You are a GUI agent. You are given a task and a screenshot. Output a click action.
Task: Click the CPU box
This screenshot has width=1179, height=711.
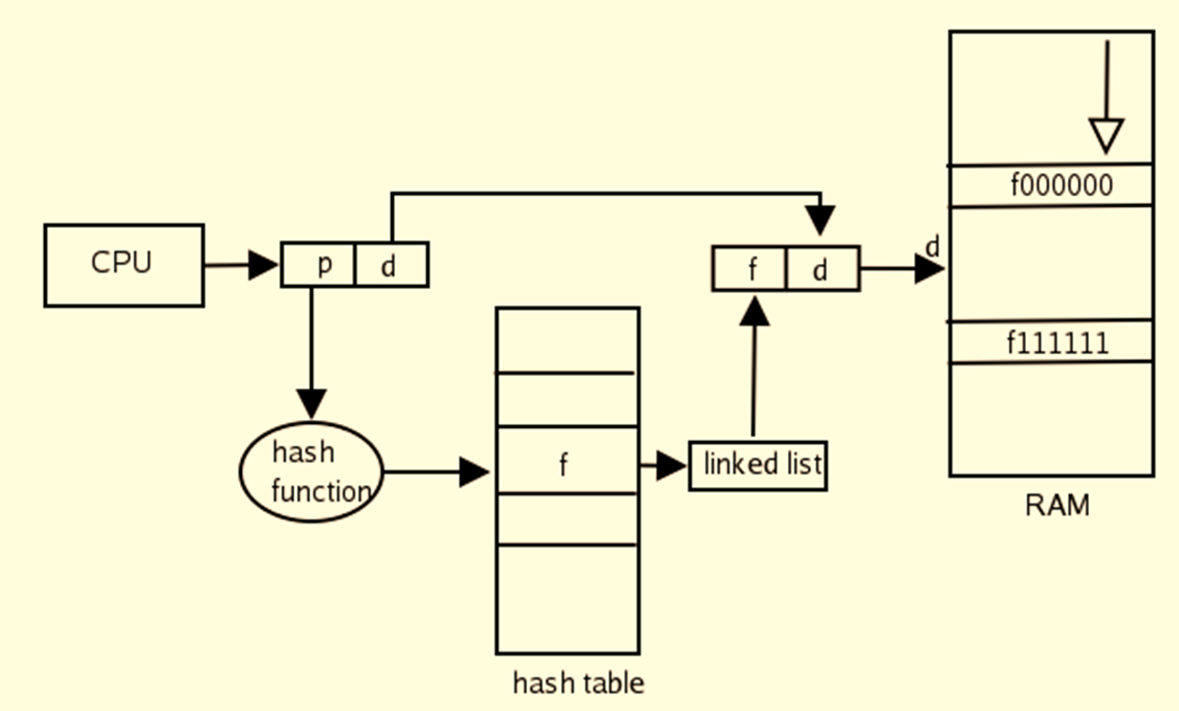pyautogui.click(x=123, y=265)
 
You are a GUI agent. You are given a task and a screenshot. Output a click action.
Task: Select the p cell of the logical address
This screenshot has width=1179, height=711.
pyautogui.click(x=318, y=265)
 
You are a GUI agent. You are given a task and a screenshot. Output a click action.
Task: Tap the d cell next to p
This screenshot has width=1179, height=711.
pyautogui.click(x=391, y=265)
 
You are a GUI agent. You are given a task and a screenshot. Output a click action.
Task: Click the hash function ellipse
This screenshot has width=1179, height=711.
pyautogui.click(x=310, y=472)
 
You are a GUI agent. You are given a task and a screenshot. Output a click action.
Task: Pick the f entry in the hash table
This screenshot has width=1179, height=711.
pyautogui.click(x=566, y=465)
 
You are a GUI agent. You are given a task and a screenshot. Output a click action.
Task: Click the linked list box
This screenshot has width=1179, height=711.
pyautogui.click(x=757, y=466)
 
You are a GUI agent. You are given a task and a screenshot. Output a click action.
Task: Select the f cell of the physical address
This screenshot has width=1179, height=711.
pyautogui.click(x=750, y=269)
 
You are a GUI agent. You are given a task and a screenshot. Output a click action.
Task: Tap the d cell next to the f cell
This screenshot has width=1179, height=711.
pyautogui.click(x=822, y=269)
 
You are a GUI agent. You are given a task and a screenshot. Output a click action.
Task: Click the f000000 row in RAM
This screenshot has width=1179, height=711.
pyautogui.click(x=1050, y=185)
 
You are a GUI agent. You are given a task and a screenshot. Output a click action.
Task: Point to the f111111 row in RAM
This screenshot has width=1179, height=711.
pyautogui.click(x=1050, y=342)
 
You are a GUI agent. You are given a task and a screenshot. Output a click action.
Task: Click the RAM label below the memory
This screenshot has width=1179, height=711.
pyautogui.click(x=1057, y=505)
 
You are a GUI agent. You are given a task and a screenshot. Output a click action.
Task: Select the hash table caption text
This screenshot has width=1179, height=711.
pyautogui.click(x=579, y=682)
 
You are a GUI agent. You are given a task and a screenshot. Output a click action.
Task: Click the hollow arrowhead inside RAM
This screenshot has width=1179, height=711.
pyautogui.click(x=1106, y=135)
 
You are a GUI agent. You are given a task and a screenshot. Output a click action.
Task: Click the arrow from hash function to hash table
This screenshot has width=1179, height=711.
pyautogui.click(x=435, y=471)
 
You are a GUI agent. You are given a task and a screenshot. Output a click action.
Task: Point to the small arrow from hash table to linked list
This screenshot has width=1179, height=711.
pyautogui.click(x=664, y=466)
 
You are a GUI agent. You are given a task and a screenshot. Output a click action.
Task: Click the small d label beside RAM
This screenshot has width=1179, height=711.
pyautogui.click(x=932, y=247)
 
